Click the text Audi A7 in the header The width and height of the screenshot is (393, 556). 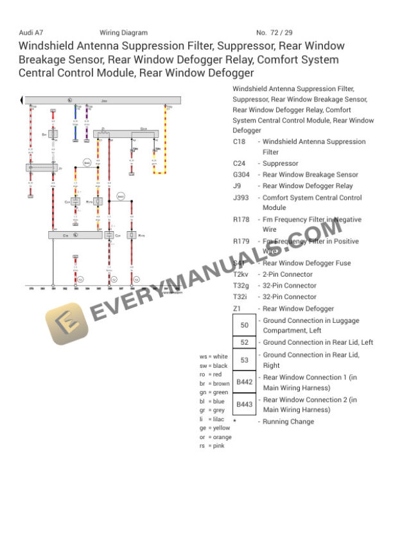[x=31, y=33]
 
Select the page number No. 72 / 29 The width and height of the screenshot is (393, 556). [x=274, y=33]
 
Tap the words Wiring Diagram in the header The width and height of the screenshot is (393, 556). [x=123, y=33]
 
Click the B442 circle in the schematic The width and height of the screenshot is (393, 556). [x=87, y=162]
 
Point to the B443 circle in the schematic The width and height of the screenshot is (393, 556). [x=120, y=195]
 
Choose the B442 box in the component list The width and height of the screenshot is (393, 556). [x=244, y=382]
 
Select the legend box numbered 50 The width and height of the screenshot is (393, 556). [x=244, y=326]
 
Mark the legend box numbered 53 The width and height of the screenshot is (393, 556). [x=244, y=360]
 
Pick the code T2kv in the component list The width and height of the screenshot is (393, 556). [x=241, y=274]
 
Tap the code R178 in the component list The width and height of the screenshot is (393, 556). [x=242, y=220]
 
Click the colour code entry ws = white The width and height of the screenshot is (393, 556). [x=213, y=356]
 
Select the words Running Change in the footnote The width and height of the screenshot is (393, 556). [x=288, y=422]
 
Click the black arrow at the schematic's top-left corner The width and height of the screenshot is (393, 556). [x=22, y=100]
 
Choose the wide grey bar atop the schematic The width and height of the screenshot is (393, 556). [x=103, y=101]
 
